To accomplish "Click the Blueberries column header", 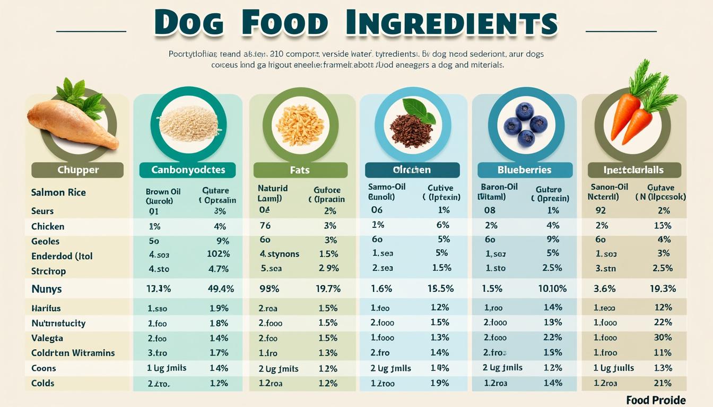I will [525, 170].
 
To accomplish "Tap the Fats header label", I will [300, 170].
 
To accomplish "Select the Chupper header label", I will [78, 170].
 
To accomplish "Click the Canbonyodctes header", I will [188, 170].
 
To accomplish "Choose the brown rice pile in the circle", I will [189, 123].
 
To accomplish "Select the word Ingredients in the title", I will [451, 23].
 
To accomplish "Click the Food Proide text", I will [656, 400].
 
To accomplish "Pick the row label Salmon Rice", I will [58, 192].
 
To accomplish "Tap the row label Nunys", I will [47, 289].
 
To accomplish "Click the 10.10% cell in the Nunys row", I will [552, 289].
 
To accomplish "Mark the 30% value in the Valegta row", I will [663, 338].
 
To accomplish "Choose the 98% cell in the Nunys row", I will [269, 289].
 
